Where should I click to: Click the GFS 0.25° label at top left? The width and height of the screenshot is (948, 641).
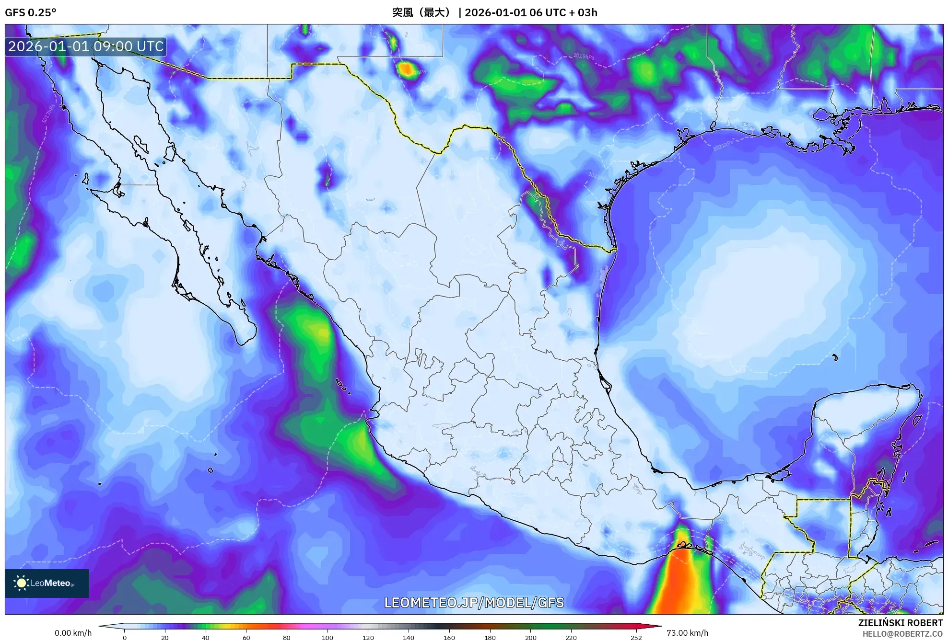pos(30,12)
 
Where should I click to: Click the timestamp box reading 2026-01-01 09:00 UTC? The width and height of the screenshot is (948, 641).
pos(86,46)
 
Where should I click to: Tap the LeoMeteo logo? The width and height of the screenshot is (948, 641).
pos(47,583)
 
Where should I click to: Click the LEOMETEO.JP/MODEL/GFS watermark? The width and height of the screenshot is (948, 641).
pos(474,602)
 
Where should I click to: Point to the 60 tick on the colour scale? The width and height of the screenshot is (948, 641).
pos(246,637)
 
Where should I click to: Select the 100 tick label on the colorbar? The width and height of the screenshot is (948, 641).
pos(327,637)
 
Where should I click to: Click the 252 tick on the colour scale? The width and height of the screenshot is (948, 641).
pos(636,637)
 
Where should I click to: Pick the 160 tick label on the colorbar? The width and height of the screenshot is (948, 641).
pos(449,637)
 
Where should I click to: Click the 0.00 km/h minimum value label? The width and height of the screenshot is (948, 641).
pos(73,633)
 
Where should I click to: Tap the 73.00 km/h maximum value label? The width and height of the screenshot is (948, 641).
pos(687,633)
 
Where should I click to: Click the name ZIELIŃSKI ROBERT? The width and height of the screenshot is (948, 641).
pos(900,623)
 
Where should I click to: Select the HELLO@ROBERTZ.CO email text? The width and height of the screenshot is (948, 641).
pos(902,634)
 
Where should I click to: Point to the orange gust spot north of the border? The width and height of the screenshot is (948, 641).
pos(406,69)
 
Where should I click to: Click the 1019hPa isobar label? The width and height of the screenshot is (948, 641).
pos(584,56)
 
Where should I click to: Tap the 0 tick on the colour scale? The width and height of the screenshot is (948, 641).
pos(125,637)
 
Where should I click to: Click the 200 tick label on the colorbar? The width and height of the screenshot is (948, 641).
pos(530,637)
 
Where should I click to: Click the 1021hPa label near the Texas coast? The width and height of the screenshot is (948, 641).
pos(723,145)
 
